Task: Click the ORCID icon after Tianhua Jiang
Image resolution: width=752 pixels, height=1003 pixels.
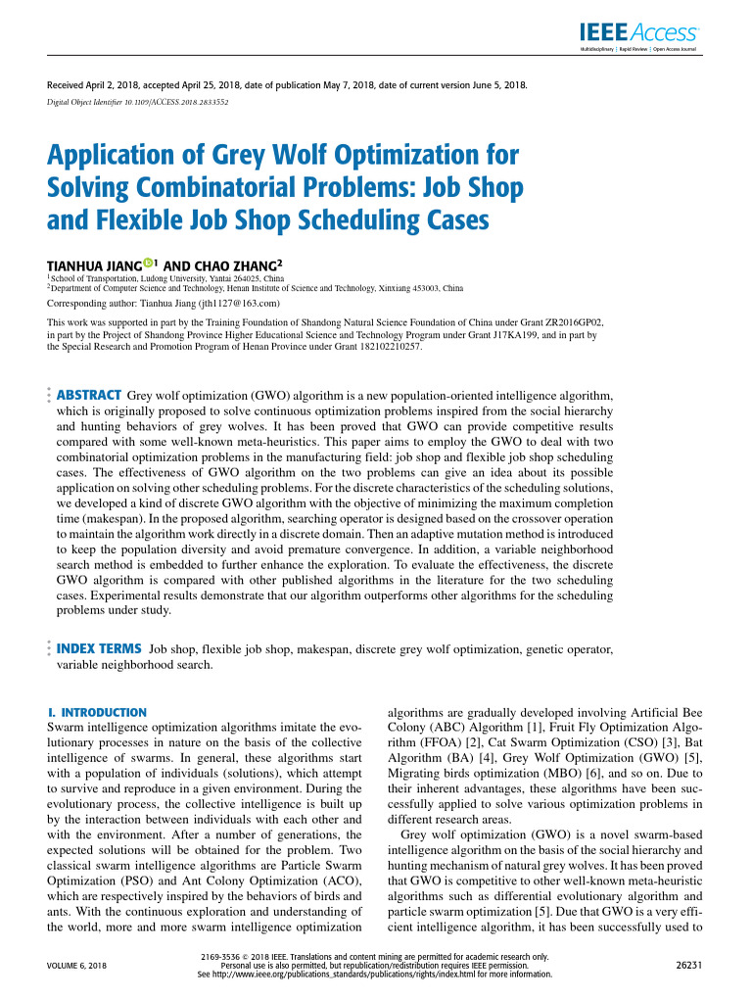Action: click(148, 263)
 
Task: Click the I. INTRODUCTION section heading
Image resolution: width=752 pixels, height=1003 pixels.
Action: click(97, 712)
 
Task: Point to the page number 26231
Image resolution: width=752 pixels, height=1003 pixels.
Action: click(690, 966)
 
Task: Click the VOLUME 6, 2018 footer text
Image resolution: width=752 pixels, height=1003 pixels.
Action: click(77, 966)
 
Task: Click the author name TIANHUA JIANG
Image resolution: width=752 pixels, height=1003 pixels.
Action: click(94, 265)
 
